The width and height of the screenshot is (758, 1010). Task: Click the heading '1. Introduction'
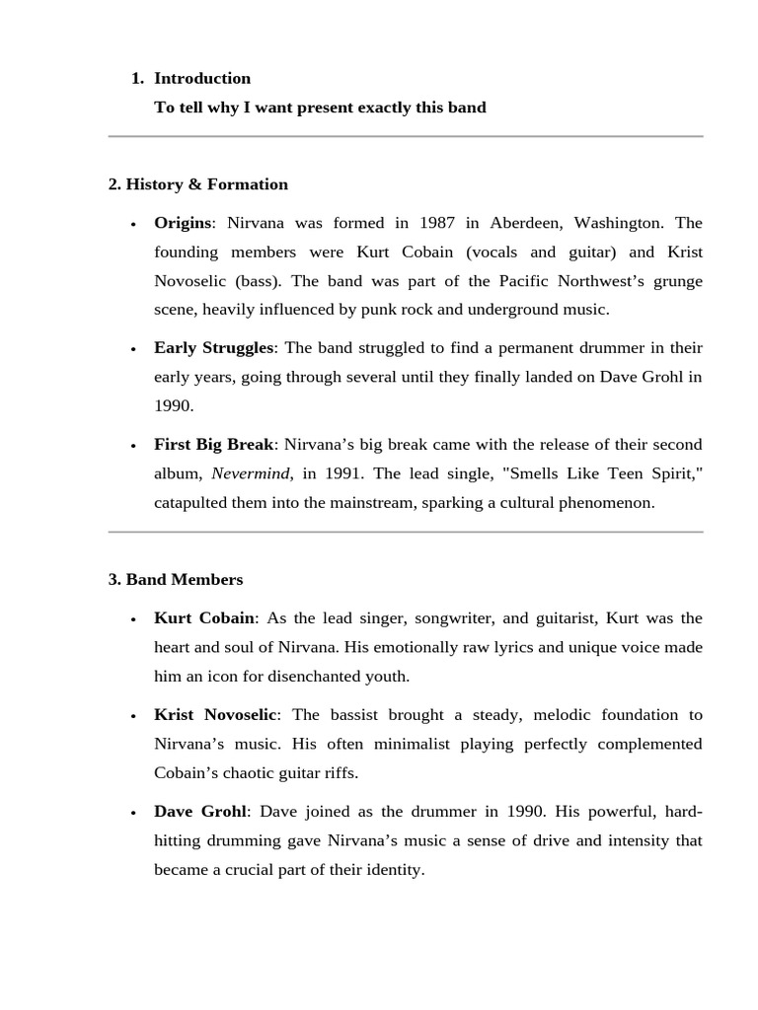(191, 78)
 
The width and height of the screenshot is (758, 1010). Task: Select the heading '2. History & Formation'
(198, 184)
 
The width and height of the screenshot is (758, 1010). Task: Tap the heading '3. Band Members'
(176, 579)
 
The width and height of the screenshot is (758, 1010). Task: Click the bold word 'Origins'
(183, 223)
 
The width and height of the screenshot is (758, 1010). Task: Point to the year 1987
(437, 223)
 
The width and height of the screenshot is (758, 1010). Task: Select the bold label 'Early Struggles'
(213, 348)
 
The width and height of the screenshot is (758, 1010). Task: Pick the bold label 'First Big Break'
(213, 445)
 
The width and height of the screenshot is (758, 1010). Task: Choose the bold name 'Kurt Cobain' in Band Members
(204, 618)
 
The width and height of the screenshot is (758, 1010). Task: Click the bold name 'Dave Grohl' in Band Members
(200, 812)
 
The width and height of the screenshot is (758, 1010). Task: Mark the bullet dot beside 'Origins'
(133, 225)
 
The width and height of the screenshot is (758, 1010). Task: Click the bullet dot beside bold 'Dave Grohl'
(133, 814)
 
